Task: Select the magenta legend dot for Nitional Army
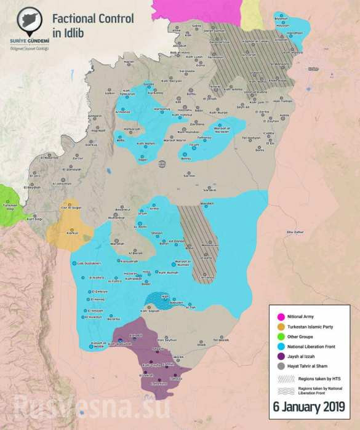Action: (279, 316)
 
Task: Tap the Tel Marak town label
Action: (220, 340)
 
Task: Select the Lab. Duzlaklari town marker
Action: (89, 263)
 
